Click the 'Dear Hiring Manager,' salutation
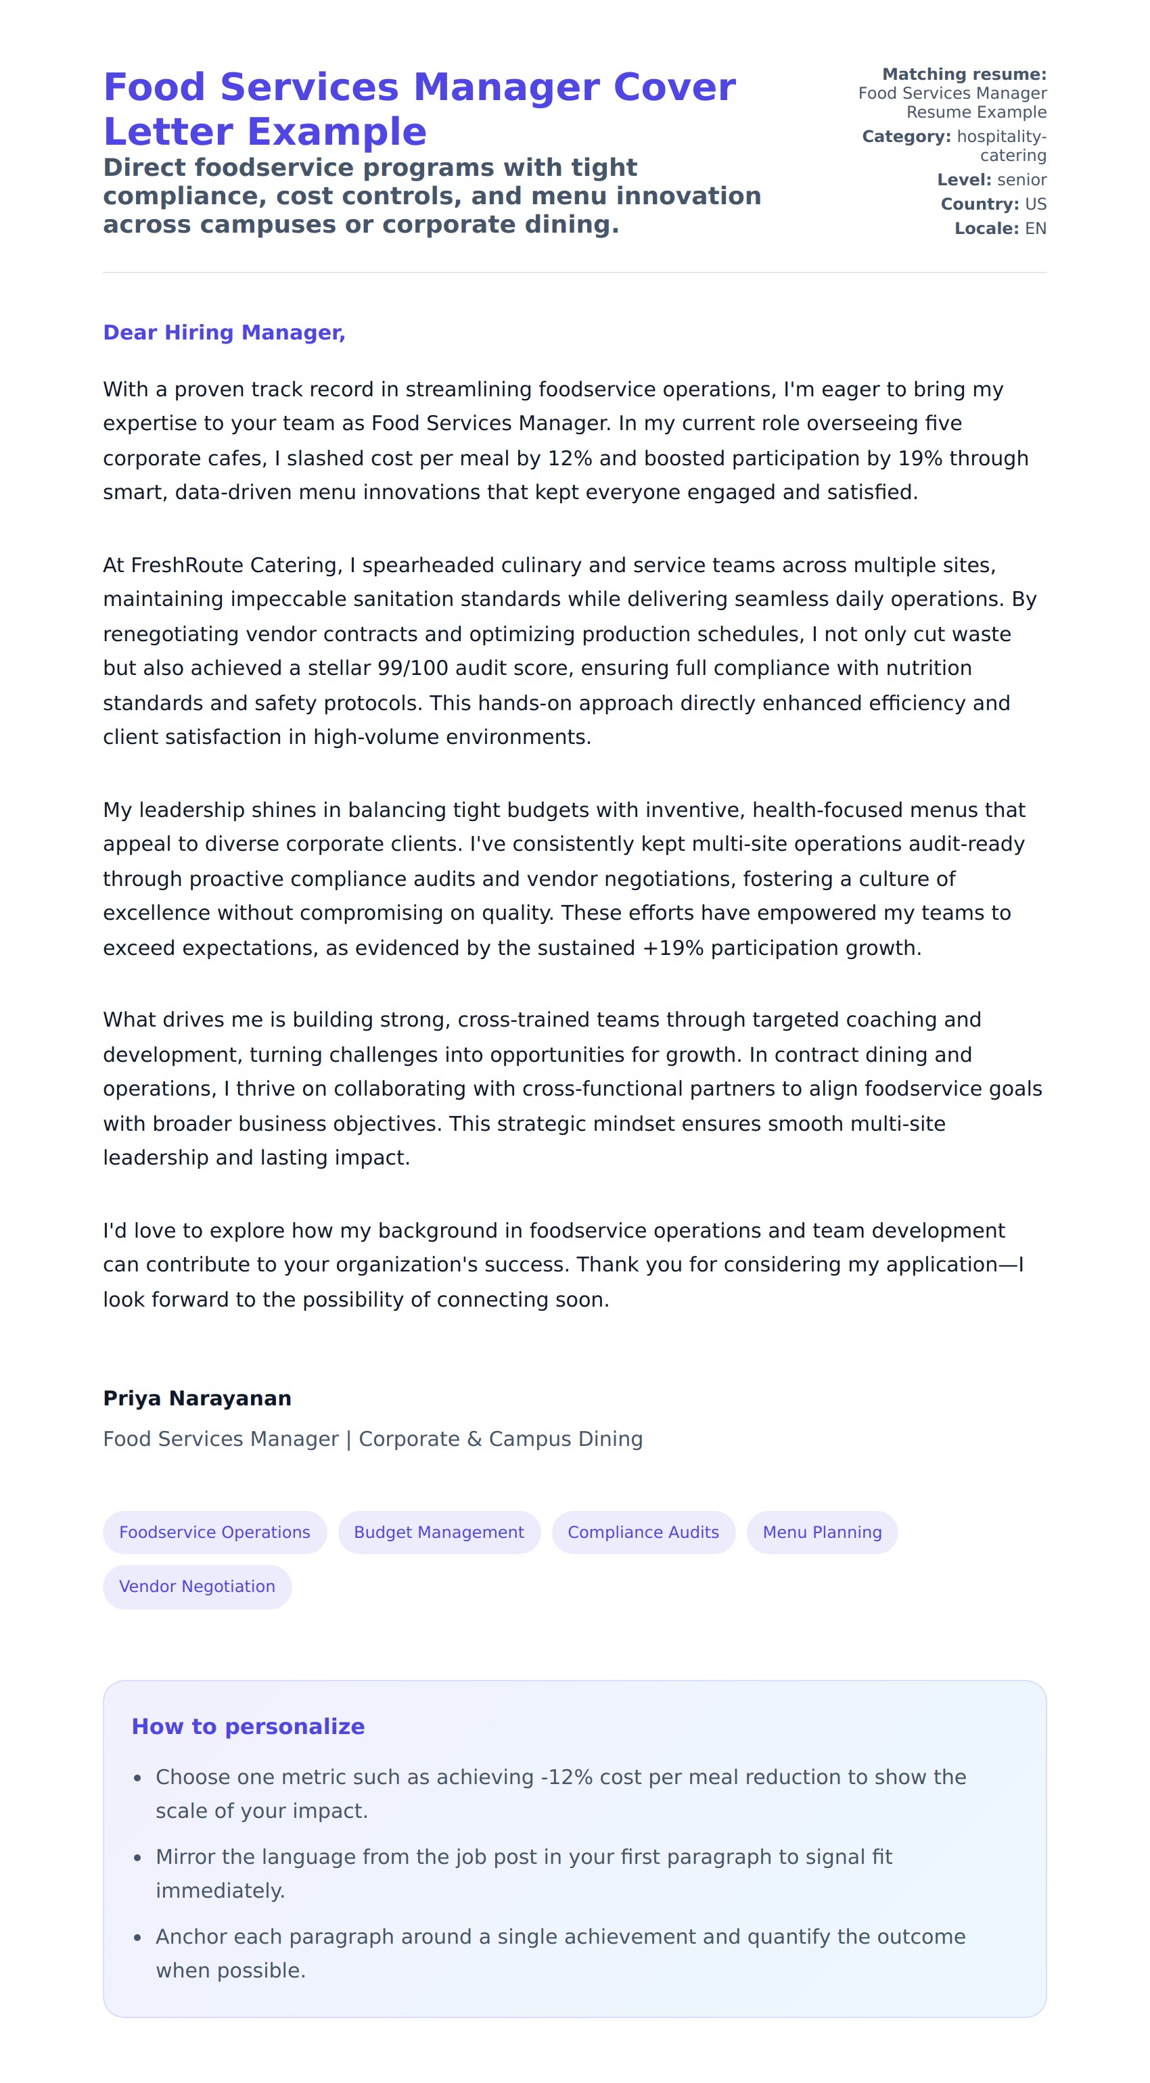pyautogui.click(x=224, y=332)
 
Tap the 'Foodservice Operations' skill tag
pyautogui.click(x=214, y=1532)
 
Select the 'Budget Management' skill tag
pyautogui.click(x=438, y=1532)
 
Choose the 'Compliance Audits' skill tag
pyautogui.click(x=643, y=1532)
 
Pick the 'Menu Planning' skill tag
pyautogui.click(x=822, y=1532)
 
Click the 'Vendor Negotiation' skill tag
pyautogui.click(x=197, y=1586)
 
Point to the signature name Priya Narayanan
pyautogui.click(x=197, y=1398)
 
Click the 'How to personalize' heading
pyautogui.click(x=248, y=1726)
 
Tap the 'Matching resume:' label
pyautogui.click(x=964, y=74)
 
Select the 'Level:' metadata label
pyautogui.click(x=964, y=179)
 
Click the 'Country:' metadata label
pyautogui.click(x=980, y=204)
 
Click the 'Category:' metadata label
pyautogui.click(x=906, y=137)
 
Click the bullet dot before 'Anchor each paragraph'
pyautogui.click(x=137, y=1938)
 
